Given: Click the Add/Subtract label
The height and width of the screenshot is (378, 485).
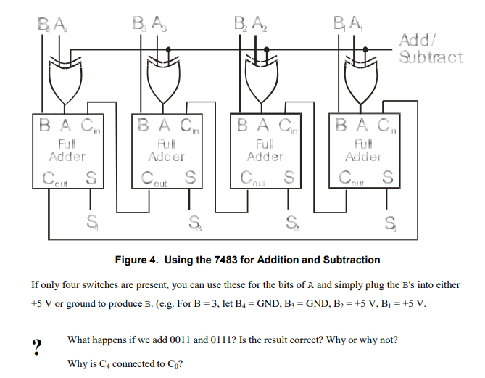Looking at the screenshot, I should (x=430, y=49).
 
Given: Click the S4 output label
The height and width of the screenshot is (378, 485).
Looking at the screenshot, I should (x=92, y=221).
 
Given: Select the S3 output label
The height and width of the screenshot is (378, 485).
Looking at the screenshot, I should (x=194, y=221).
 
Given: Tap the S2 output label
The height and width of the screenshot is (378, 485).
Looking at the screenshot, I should (x=291, y=221).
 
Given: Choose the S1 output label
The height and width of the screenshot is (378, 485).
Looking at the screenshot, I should (x=391, y=221).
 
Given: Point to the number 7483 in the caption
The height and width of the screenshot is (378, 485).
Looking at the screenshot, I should (x=226, y=260).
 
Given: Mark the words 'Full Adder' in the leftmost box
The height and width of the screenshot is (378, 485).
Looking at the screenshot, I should (x=67, y=151).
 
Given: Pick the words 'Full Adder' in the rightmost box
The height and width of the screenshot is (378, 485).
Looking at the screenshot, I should (x=363, y=151).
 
